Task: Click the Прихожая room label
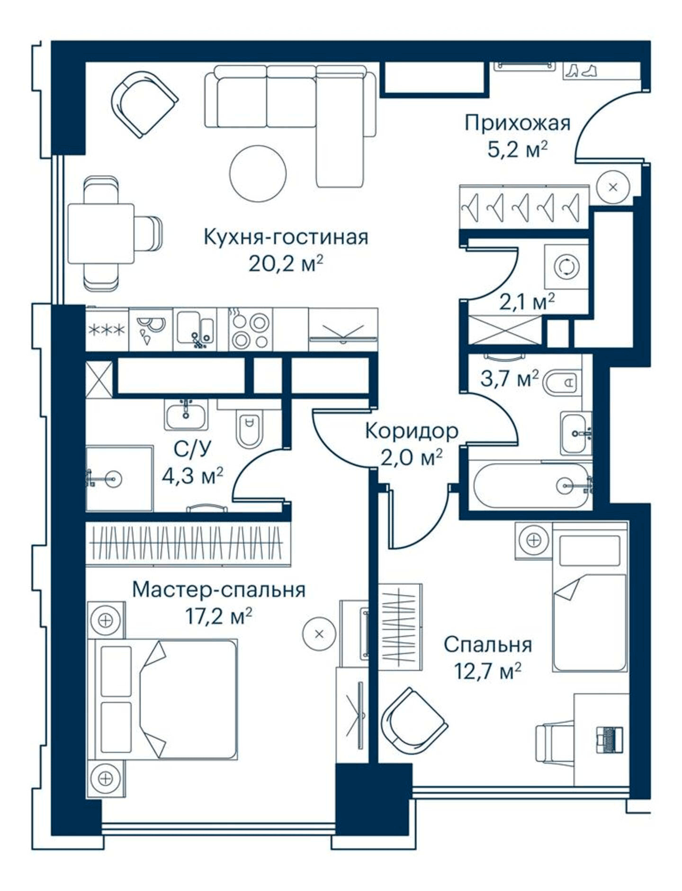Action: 517,123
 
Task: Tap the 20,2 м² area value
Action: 286,264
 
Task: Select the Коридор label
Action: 412,431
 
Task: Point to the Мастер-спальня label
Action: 219,590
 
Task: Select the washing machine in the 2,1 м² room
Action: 566,267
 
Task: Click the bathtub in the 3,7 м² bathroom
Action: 532,486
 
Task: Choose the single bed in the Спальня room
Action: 590,597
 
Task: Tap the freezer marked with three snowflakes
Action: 107,329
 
